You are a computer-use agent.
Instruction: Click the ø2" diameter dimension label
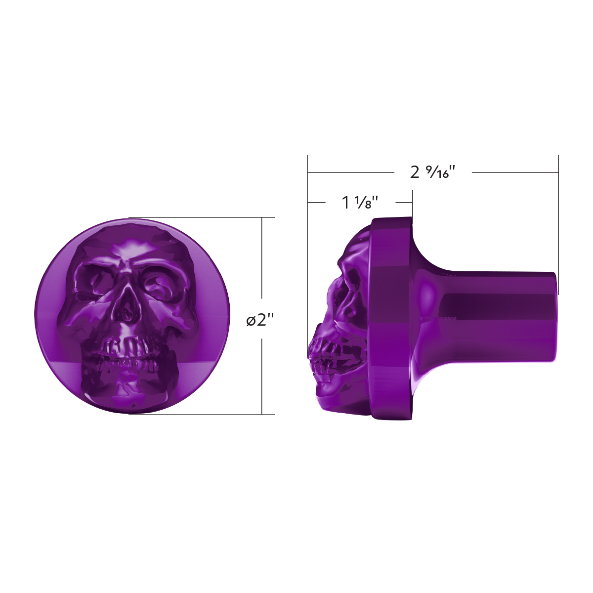[x=260, y=320]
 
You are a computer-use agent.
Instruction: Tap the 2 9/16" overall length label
[x=432, y=172]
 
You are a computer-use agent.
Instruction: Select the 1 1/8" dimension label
[x=360, y=202]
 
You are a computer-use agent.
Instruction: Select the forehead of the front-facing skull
[x=131, y=242]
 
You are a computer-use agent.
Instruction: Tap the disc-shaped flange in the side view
[x=390, y=319]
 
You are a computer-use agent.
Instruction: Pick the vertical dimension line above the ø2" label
[x=262, y=262]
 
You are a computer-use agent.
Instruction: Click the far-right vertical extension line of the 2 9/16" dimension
[x=558, y=222]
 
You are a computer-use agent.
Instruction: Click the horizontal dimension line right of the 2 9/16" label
[x=514, y=172]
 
